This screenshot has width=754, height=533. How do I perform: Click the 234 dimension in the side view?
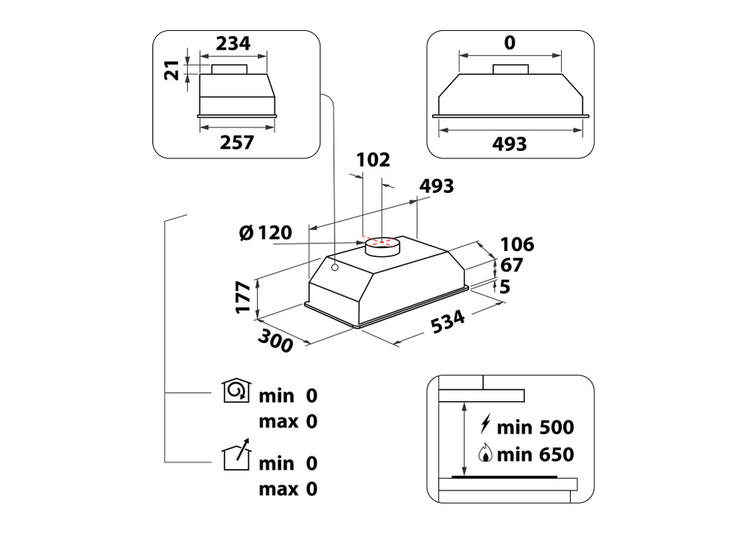click(x=233, y=43)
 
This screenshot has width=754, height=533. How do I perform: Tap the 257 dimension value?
click(x=237, y=142)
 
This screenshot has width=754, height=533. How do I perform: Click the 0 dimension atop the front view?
click(x=510, y=43)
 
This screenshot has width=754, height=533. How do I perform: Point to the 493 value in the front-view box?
click(x=509, y=144)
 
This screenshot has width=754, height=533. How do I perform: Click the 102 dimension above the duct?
click(x=373, y=160)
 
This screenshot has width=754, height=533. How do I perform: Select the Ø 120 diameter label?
click(x=265, y=233)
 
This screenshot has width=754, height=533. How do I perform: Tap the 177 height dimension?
click(x=244, y=298)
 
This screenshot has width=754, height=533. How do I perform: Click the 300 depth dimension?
click(x=275, y=341)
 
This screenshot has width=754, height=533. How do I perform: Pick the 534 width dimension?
click(x=448, y=322)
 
